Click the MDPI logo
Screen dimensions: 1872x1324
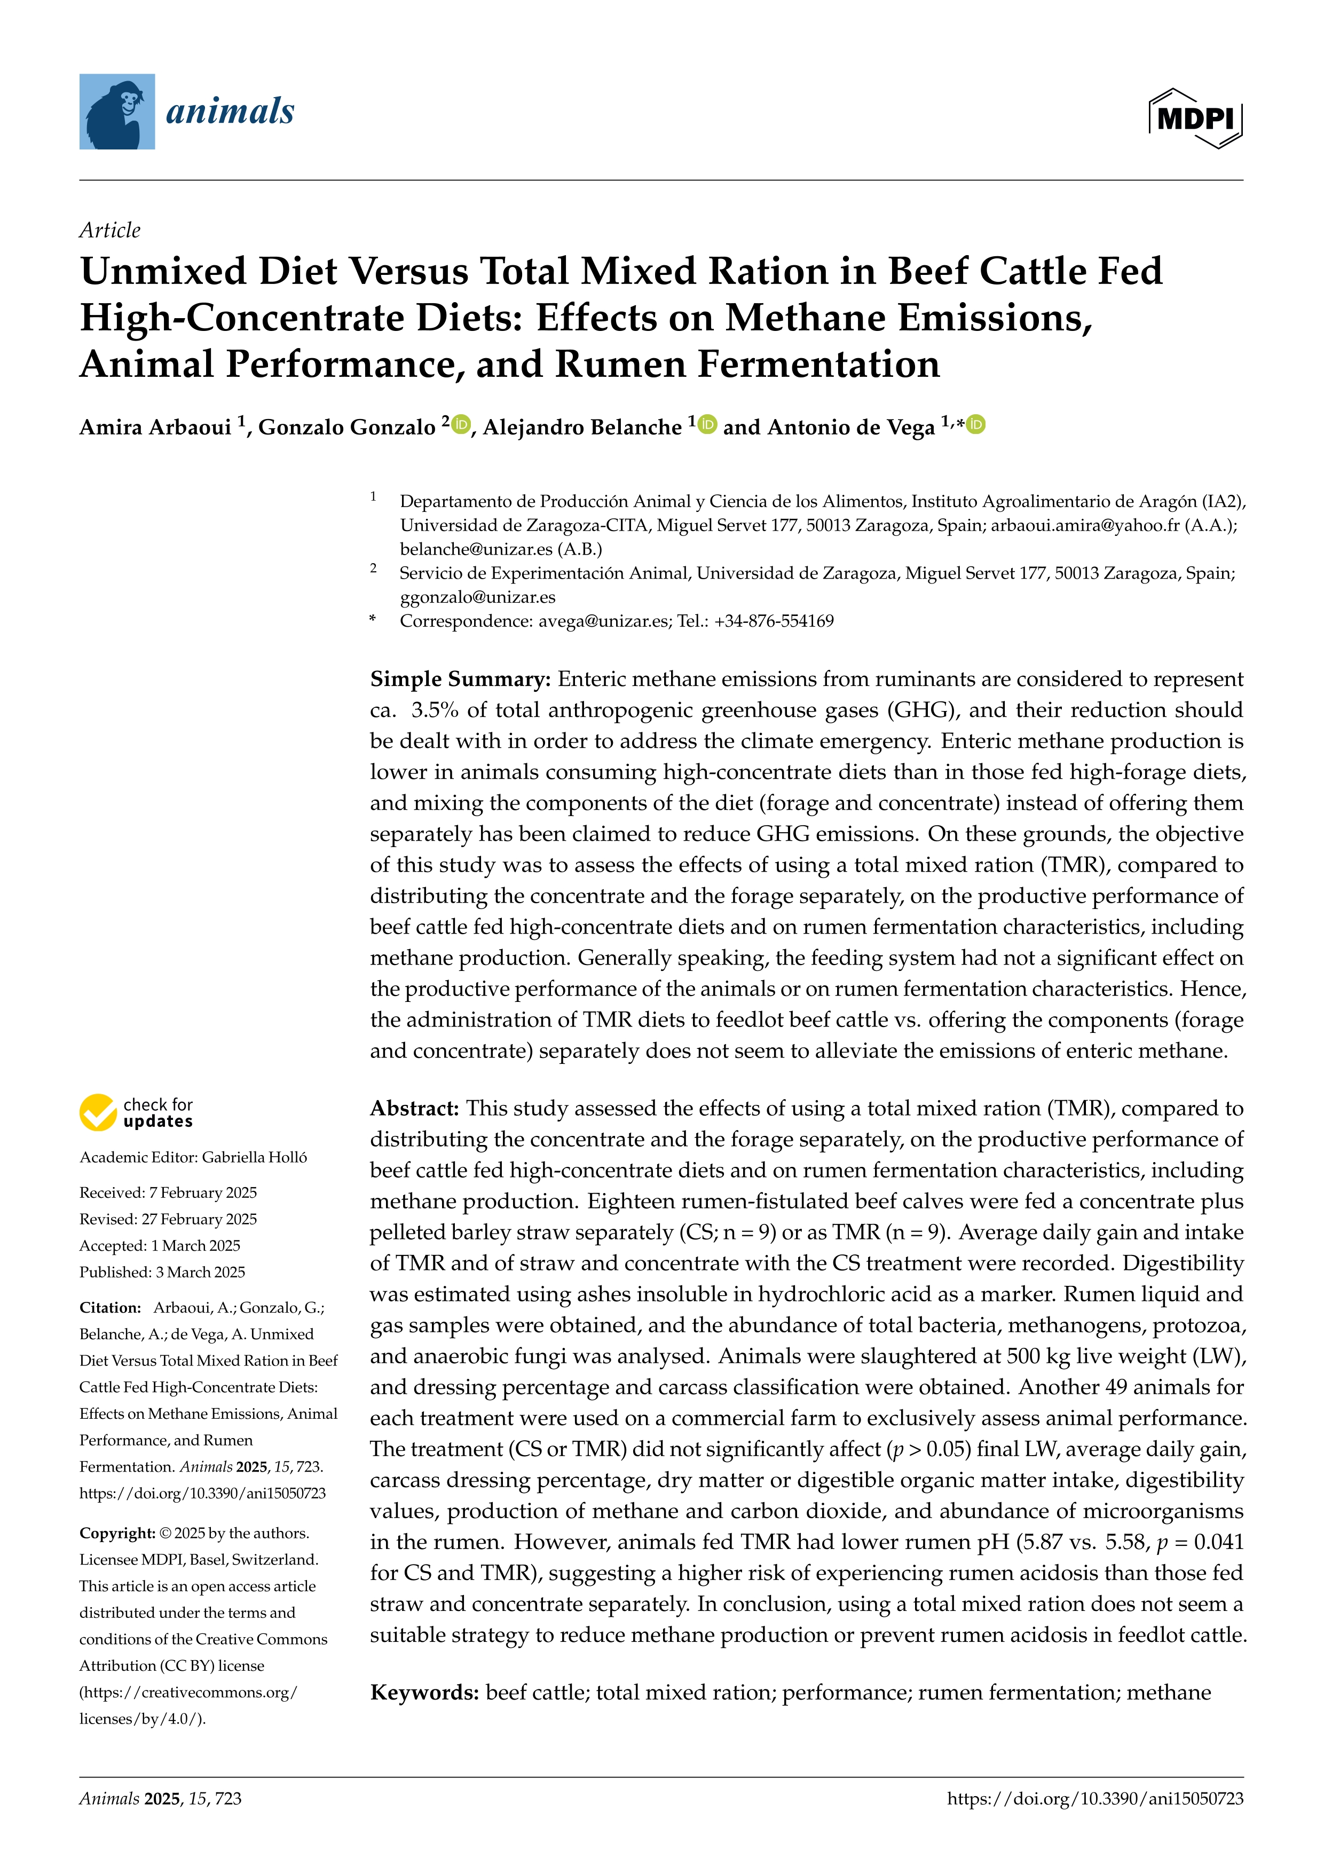tap(1195, 118)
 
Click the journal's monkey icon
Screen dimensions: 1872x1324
tap(116, 112)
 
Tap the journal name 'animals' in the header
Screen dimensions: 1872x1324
tap(230, 111)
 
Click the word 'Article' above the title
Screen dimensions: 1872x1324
tap(109, 230)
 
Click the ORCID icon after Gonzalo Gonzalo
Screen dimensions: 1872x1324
tap(461, 424)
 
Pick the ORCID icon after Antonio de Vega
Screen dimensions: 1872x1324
tap(976, 424)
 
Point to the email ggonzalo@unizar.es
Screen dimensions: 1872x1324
tap(477, 597)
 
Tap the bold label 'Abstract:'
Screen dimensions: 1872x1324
tap(414, 1109)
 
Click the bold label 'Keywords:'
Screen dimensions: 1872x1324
tap(424, 1693)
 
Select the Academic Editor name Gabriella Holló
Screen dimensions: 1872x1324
tap(254, 1157)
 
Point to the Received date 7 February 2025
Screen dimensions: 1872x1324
tap(202, 1193)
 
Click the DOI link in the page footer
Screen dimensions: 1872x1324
tap(1095, 1799)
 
